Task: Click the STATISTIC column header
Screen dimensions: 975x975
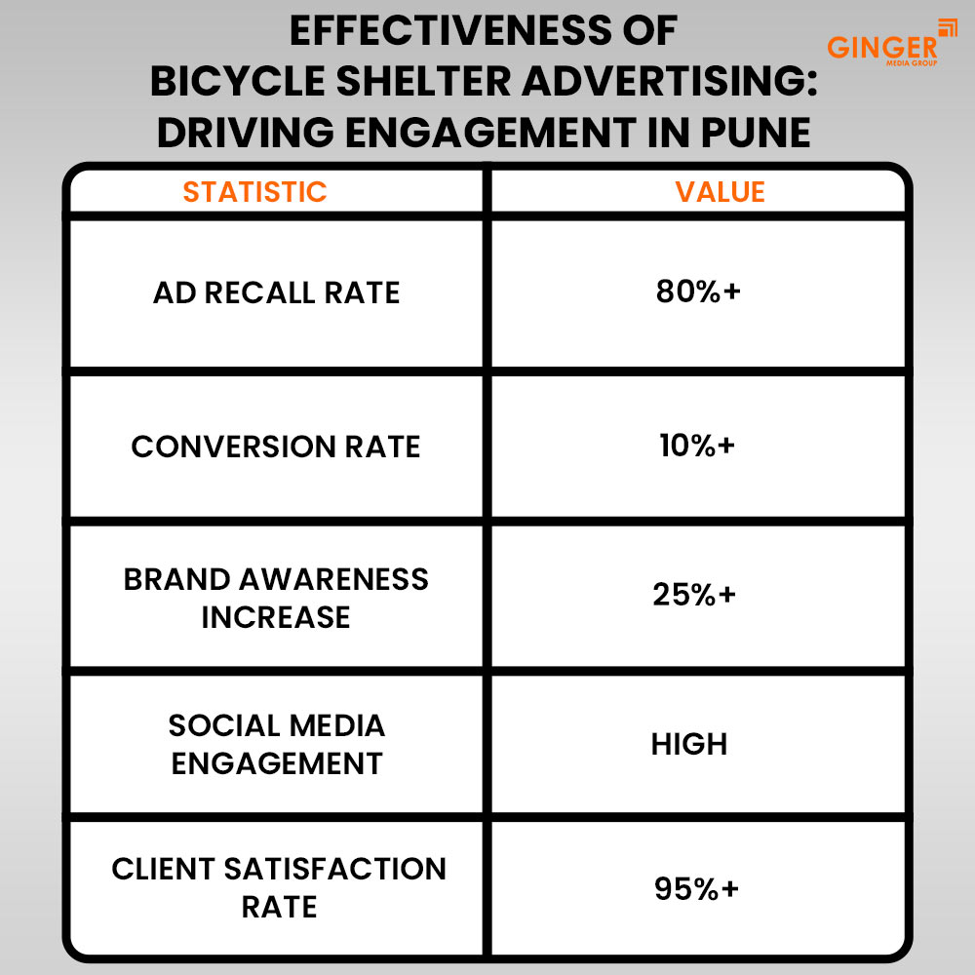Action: [x=254, y=191]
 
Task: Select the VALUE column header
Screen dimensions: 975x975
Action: [x=720, y=191]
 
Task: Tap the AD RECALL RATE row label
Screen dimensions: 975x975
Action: [x=277, y=292]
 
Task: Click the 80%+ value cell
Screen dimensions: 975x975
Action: [x=698, y=292]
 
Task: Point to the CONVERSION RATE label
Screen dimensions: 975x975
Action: [x=276, y=447]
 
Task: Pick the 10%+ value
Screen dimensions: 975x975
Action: [x=696, y=446]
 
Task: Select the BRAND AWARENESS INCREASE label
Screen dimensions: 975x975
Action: [x=276, y=598]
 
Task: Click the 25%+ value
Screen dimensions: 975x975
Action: [x=694, y=594]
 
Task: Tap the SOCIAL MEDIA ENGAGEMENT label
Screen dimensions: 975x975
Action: [x=277, y=744]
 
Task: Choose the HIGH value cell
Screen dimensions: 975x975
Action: [x=689, y=744]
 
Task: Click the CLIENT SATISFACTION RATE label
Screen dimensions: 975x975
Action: [x=279, y=887]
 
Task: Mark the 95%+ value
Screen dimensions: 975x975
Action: [x=696, y=889]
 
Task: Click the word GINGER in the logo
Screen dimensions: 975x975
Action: [x=881, y=46]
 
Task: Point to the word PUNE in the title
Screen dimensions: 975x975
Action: [x=757, y=133]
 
